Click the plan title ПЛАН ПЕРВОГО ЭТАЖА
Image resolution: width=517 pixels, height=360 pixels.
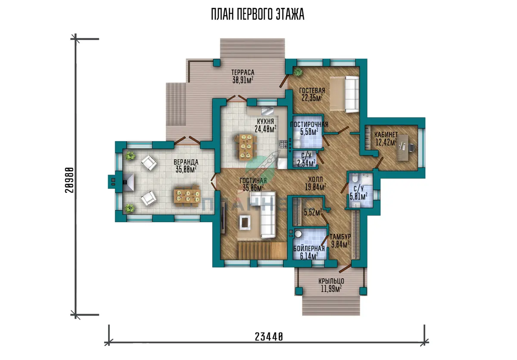(x=258, y=14)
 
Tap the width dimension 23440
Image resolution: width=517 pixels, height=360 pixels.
(x=269, y=337)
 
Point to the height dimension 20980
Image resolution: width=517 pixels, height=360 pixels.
(x=69, y=180)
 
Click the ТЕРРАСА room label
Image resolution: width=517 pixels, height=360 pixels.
(x=243, y=72)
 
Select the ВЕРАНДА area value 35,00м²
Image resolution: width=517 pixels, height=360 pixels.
(x=186, y=170)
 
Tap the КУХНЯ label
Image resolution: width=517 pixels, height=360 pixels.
(x=265, y=121)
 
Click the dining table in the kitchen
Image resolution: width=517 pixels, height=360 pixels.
(x=246, y=147)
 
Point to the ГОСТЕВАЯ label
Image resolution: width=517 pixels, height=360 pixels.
(x=312, y=90)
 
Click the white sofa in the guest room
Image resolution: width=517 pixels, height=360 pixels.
(x=352, y=94)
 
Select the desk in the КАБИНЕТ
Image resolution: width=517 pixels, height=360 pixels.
(x=402, y=147)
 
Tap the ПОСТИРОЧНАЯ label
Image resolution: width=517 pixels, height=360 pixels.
(x=309, y=124)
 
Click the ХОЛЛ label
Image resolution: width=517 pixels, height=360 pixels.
(x=315, y=179)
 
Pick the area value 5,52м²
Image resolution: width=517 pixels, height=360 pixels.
(x=313, y=212)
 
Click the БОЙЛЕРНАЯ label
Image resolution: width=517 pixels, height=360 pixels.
(x=309, y=248)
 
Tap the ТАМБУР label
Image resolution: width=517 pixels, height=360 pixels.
(x=340, y=236)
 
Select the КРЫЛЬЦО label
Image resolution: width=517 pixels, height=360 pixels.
(x=331, y=281)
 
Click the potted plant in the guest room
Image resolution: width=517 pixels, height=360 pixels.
(x=298, y=72)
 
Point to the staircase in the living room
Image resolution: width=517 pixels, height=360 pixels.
(x=262, y=251)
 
